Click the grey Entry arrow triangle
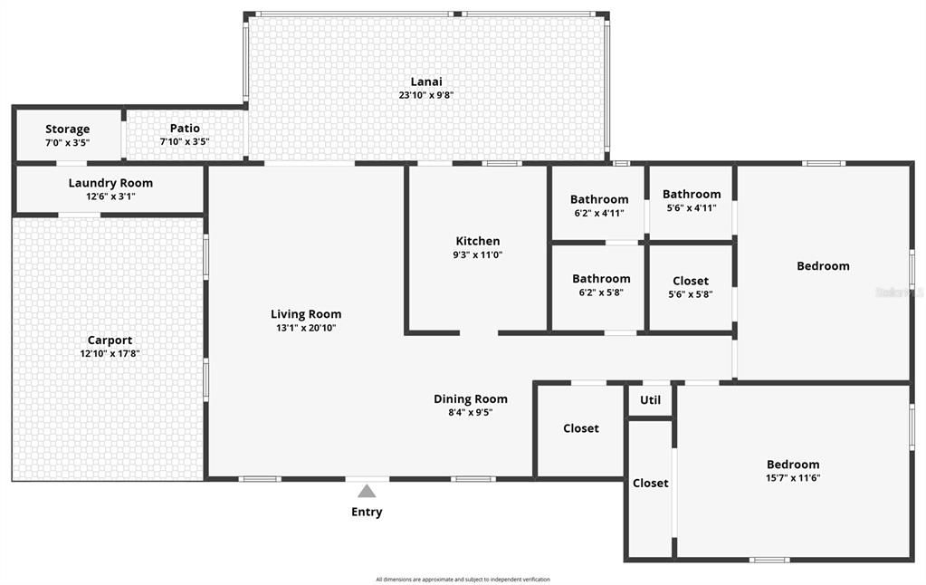click(x=367, y=492)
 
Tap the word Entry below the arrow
click(x=367, y=512)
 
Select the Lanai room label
click(x=426, y=82)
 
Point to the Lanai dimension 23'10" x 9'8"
click(x=426, y=95)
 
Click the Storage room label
click(x=68, y=129)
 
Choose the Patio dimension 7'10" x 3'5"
click(x=185, y=142)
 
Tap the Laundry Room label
click(x=110, y=183)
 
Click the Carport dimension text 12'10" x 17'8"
click(x=110, y=354)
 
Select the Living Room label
click(x=306, y=314)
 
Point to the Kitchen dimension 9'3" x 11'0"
click(x=478, y=255)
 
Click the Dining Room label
click(x=471, y=398)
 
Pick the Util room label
click(x=650, y=400)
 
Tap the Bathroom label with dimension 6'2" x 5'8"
click(x=601, y=279)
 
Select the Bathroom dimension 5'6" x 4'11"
click(x=692, y=207)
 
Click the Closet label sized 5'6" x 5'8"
click(x=691, y=281)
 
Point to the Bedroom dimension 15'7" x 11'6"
click(x=793, y=478)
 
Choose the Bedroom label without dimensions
click(x=823, y=266)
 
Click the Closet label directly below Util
click(x=650, y=484)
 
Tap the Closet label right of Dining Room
click(x=581, y=428)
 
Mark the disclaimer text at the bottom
click(x=463, y=580)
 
